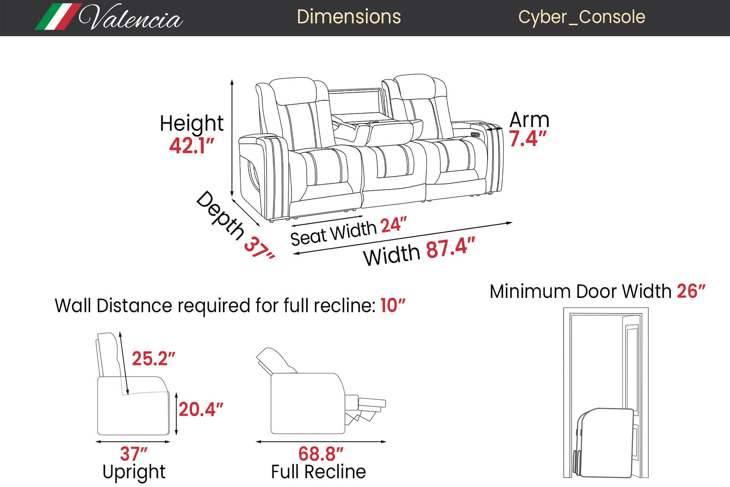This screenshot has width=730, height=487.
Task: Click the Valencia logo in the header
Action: coord(109,17)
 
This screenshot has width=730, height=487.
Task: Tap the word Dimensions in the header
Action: coord(349,17)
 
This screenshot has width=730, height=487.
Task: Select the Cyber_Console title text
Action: coord(582,17)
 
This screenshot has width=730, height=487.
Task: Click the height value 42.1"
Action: coord(192,146)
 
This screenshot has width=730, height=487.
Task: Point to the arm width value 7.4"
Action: coord(527,139)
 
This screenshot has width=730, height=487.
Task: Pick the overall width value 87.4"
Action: coord(450,248)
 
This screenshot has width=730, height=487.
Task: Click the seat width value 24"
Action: coord(393,225)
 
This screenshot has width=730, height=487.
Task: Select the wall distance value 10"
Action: coord(392,305)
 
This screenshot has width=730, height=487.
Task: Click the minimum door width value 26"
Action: coord(691,291)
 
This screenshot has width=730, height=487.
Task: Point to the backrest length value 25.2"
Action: coord(153,359)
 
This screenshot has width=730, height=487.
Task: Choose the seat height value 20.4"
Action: coord(200,410)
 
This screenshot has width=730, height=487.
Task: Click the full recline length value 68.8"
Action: coord(321,454)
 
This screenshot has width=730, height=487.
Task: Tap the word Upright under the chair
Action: coord(134,472)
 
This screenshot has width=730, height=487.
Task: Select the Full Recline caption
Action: coord(318,472)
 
